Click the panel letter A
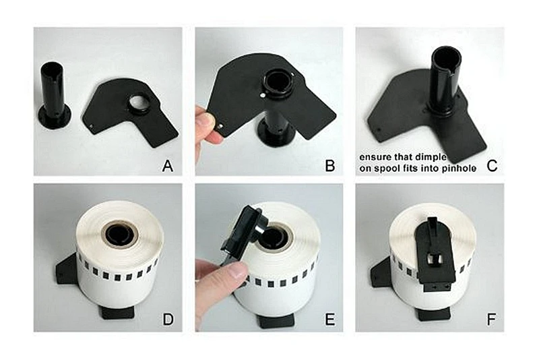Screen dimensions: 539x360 coord(167,166)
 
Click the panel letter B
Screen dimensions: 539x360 coord(329,166)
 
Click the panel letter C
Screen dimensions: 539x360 coord(492,166)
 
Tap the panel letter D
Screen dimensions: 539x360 coord(168,320)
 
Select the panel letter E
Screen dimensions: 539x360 coord(329,320)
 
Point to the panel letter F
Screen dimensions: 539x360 coord(491,320)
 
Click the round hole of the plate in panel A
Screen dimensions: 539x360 coord(139,102)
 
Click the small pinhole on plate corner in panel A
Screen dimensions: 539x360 coord(91,126)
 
